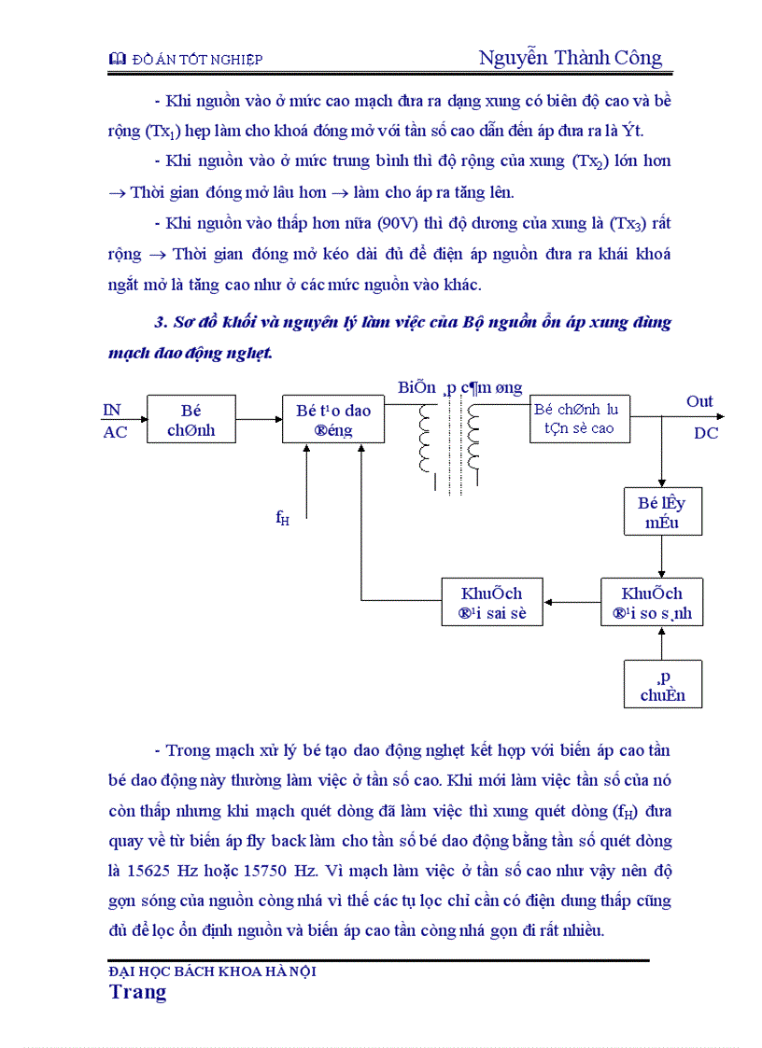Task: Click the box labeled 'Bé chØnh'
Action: tap(190, 419)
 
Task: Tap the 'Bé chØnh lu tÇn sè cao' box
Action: tap(578, 419)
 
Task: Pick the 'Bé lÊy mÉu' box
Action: tap(662, 511)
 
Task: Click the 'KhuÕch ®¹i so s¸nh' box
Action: tap(652, 602)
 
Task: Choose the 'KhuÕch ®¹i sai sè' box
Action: tap(491, 602)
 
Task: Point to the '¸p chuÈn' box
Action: tap(662, 684)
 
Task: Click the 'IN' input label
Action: tap(112, 410)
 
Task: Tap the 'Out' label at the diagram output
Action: tap(699, 401)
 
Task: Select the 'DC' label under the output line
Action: tap(706, 433)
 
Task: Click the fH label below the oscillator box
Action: tap(282, 519)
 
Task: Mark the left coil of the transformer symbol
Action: tap(427, 440)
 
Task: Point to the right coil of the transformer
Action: tap(473, 440)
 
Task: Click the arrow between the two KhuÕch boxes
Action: tap(571, 603)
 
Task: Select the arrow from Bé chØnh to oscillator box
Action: tap(259, 419)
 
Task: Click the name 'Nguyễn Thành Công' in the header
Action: tap(570, 58)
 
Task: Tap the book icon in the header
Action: tap(117, 60)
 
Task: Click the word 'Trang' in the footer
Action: tap(137, 991)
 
